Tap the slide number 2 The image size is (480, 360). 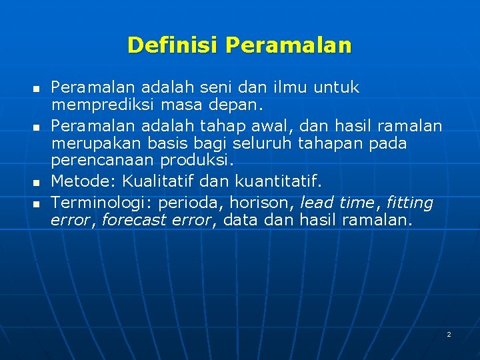pyautogui.click(x=449, y=334)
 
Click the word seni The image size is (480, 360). pyautogui.click(x=220, y=87)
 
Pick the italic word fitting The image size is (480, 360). pyautogui.click(x=409, y=202)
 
